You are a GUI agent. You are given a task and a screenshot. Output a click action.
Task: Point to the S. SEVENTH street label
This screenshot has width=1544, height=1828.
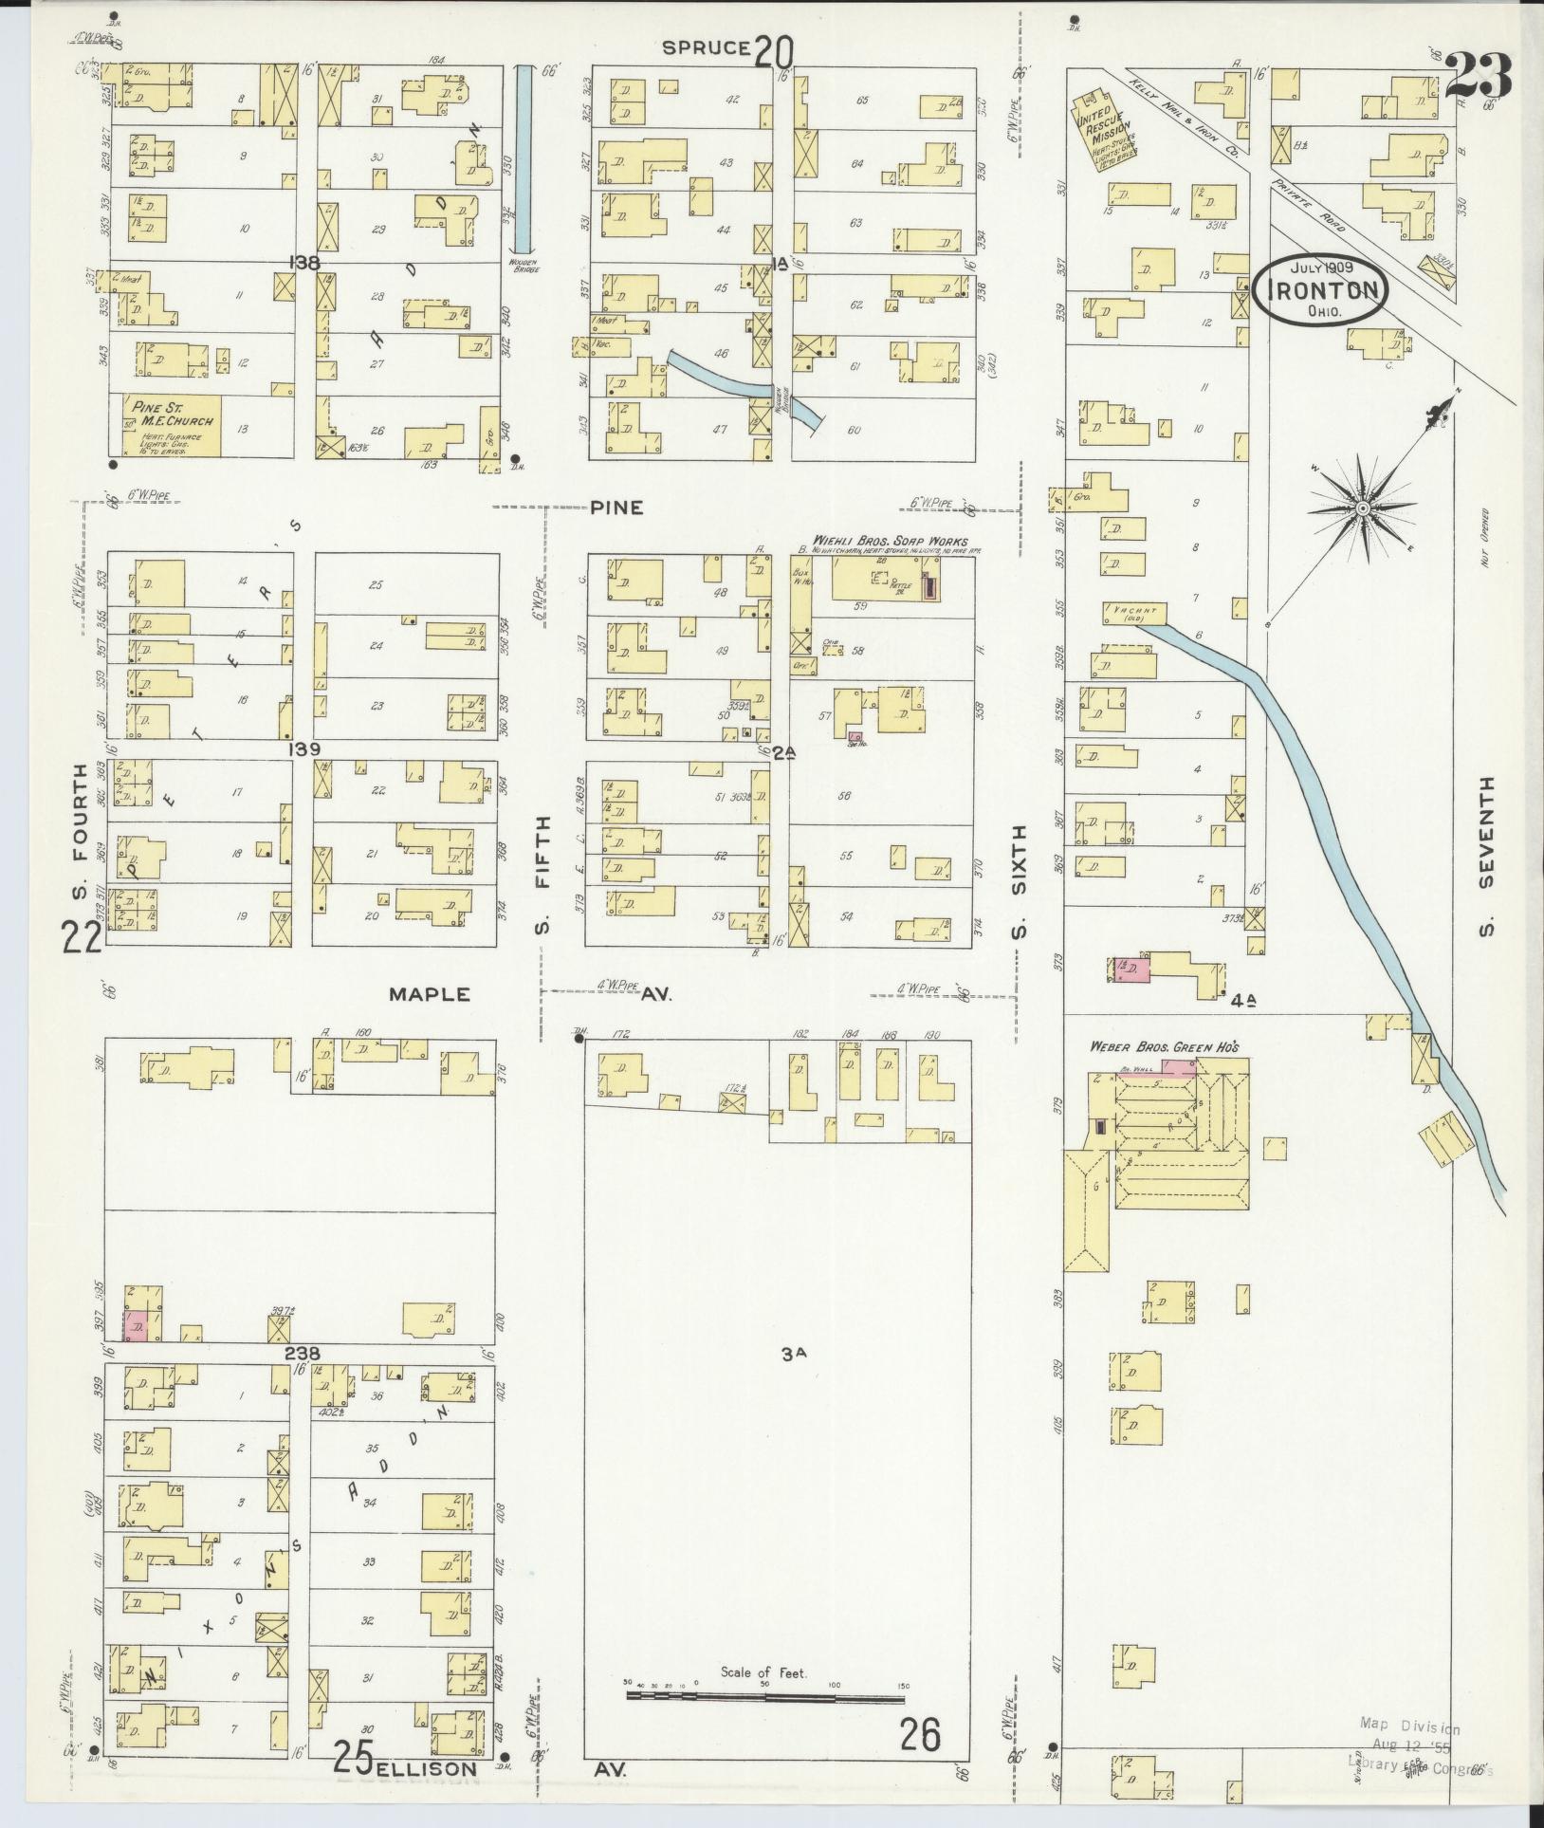click(x=1486, y=854)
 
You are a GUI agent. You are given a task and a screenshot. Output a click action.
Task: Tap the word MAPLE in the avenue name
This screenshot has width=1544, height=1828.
click(x=430, y=994)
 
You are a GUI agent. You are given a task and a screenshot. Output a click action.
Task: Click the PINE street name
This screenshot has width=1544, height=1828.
click(x=616, y=508)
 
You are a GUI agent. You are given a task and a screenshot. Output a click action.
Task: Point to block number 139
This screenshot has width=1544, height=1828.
click(x=305, y=749)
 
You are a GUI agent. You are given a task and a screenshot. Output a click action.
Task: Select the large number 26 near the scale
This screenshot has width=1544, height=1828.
click(x=919, y=1734)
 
